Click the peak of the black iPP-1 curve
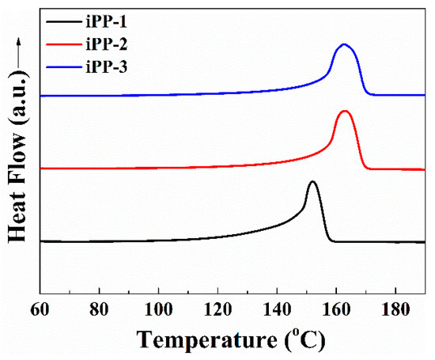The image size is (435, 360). [x=312, y=182]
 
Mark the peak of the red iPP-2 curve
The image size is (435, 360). [x=344, y=111]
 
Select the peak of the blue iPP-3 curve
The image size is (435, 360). [x=344, y=44]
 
